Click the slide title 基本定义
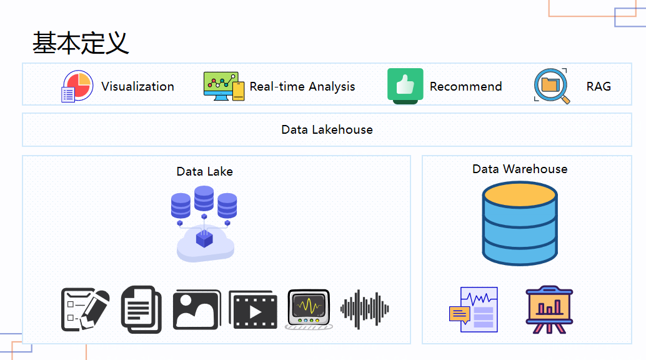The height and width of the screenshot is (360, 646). (81, 42)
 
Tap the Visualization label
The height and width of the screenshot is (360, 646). (137, 86)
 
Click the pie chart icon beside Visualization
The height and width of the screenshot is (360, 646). (77, 86)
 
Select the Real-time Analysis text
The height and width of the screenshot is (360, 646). (302, 86)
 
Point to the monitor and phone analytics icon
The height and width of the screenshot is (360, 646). (224, 86)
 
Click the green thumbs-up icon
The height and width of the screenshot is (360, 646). (405, 86)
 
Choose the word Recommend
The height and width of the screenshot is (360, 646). (465, 86)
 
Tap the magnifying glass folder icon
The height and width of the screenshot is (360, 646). (552, 86)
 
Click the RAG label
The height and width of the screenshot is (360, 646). (599, 86)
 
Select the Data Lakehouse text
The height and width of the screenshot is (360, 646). (327, 129)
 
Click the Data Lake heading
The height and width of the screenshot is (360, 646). (204, 171)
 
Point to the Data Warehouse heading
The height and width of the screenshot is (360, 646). (520, 169)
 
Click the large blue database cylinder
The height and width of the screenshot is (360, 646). (519, 223)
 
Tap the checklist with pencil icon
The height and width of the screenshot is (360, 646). (85, 309)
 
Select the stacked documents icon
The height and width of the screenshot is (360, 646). (141, 309)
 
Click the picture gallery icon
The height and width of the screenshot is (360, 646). (197, 309)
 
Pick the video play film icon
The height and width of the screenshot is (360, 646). (253, 309)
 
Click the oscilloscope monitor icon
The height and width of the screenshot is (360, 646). (309, 309)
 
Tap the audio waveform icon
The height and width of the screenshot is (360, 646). (365, 309)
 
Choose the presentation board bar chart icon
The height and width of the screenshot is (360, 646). (549, 309)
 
